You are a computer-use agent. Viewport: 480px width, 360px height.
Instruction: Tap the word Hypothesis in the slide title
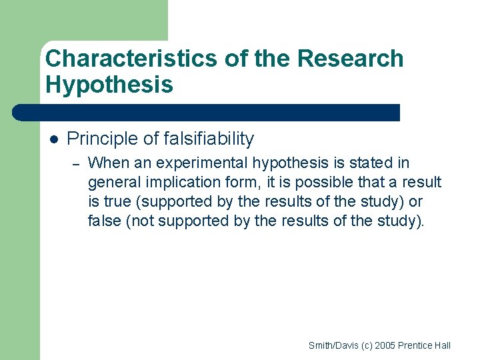tap(109, 85)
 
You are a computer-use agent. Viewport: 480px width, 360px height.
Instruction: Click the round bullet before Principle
tap(54, 139)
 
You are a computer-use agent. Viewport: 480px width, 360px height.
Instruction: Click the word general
tap(113, 183)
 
